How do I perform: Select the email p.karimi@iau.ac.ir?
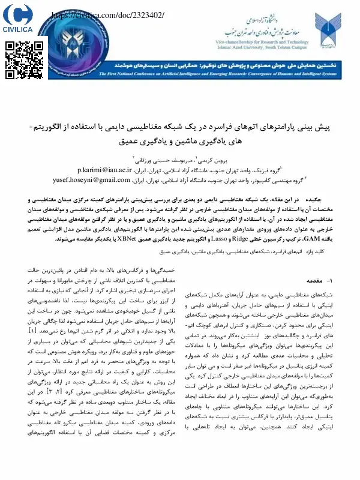(x=111, y=170)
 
